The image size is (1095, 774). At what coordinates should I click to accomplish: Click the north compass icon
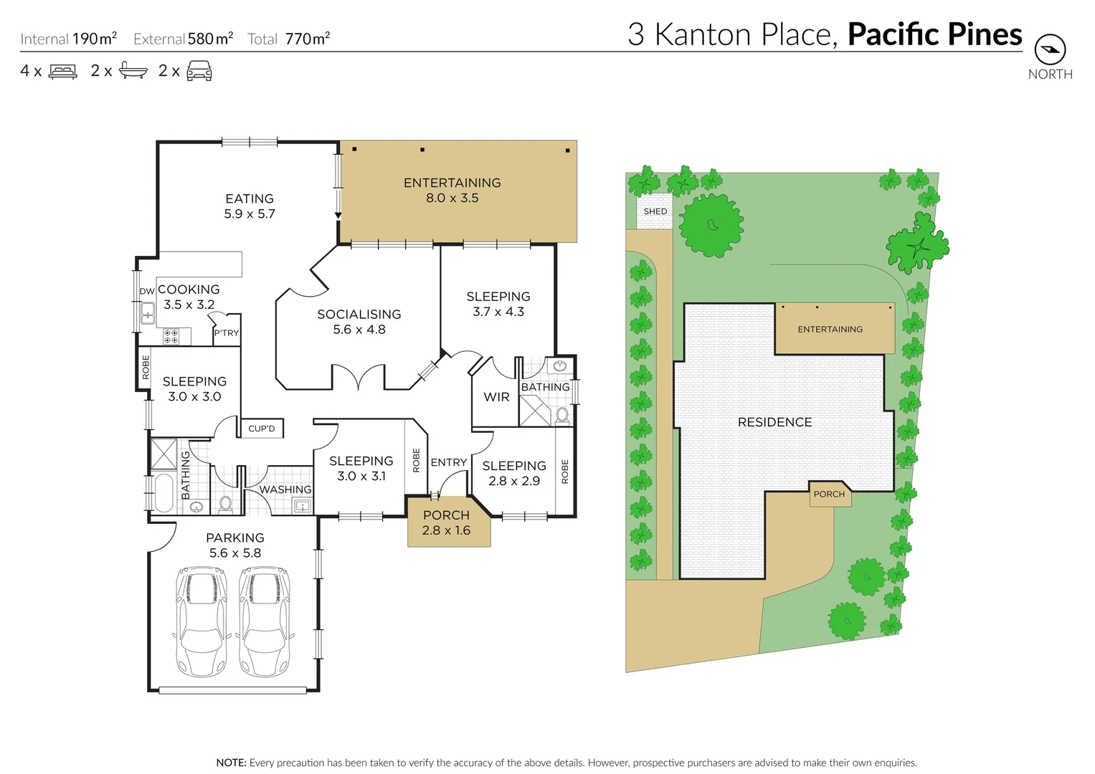(1050, 50)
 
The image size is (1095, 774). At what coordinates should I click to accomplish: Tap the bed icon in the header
(63, 72)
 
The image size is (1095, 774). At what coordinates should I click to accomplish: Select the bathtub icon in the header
(133, 71)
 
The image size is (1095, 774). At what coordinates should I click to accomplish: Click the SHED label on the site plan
(655, 211)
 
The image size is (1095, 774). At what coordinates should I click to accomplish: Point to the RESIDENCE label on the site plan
(774, 422)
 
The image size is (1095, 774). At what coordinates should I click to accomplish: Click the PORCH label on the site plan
(829, 494)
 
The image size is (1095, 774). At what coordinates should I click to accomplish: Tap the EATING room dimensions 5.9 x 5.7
(250, 214)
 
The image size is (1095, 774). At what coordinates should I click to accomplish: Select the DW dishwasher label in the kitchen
(147, 291)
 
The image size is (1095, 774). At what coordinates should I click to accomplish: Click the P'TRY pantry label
(227, 333)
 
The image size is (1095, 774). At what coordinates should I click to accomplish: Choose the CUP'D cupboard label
(262, 429)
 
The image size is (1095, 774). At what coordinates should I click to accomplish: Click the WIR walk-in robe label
(496, 397)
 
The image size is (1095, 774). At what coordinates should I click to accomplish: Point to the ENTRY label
(449, 463)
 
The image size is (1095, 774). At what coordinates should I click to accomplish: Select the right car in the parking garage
(265, 621)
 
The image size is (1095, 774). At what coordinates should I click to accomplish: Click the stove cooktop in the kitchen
(171, 336)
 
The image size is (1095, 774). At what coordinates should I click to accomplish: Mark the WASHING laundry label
(285, 489)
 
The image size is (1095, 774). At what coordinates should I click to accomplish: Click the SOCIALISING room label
(359, 315)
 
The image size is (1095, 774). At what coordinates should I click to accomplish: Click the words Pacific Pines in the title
(934, 34)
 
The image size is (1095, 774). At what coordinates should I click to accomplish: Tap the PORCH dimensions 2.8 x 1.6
(446, 530)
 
